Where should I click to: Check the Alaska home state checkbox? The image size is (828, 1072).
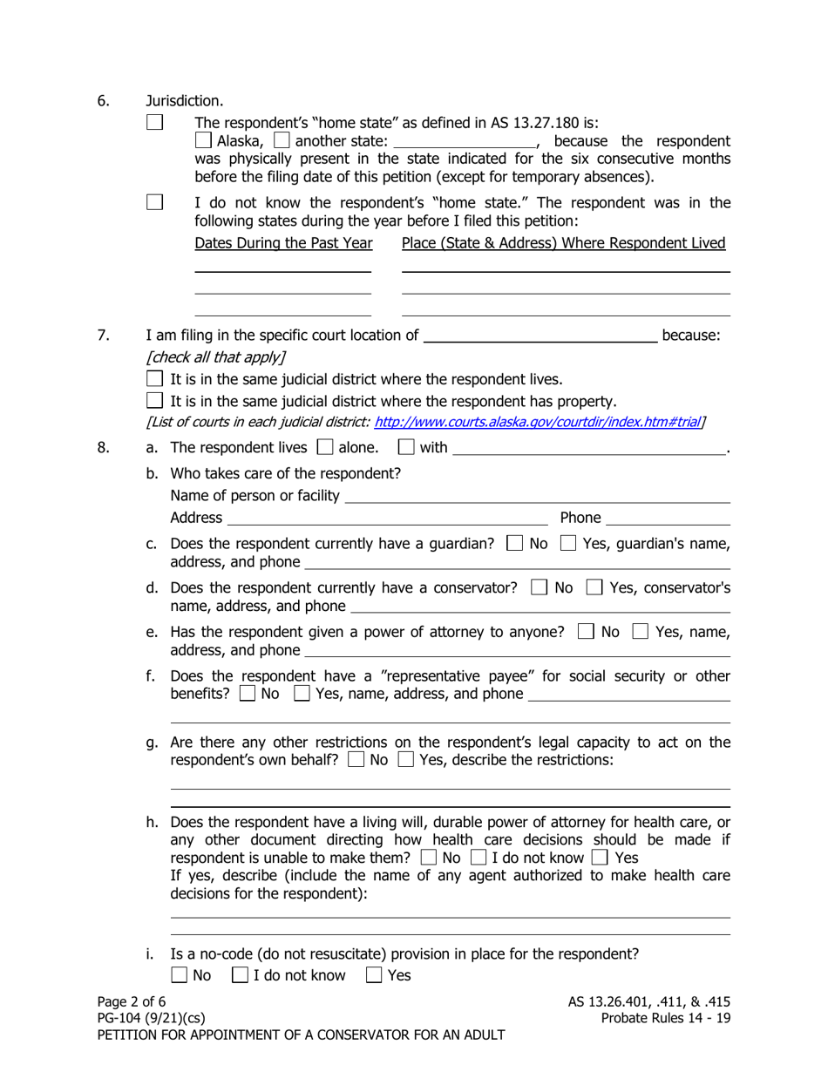[x=203, y=140]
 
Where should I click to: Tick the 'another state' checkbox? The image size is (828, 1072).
[x=282, y=140]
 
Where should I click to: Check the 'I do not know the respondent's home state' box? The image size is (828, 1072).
[x=154, y=202]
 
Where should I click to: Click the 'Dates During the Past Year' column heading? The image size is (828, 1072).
[x=283, y=243]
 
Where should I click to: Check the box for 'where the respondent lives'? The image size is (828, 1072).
[x=155, y=379]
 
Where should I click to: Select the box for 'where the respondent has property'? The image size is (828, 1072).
[x=155, y=402]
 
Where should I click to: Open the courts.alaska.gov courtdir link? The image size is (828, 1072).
[x=538, y=423]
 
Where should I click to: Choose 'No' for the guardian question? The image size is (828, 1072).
[x=514, y=544]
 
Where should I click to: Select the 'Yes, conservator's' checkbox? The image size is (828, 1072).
[x=594, y=587]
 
